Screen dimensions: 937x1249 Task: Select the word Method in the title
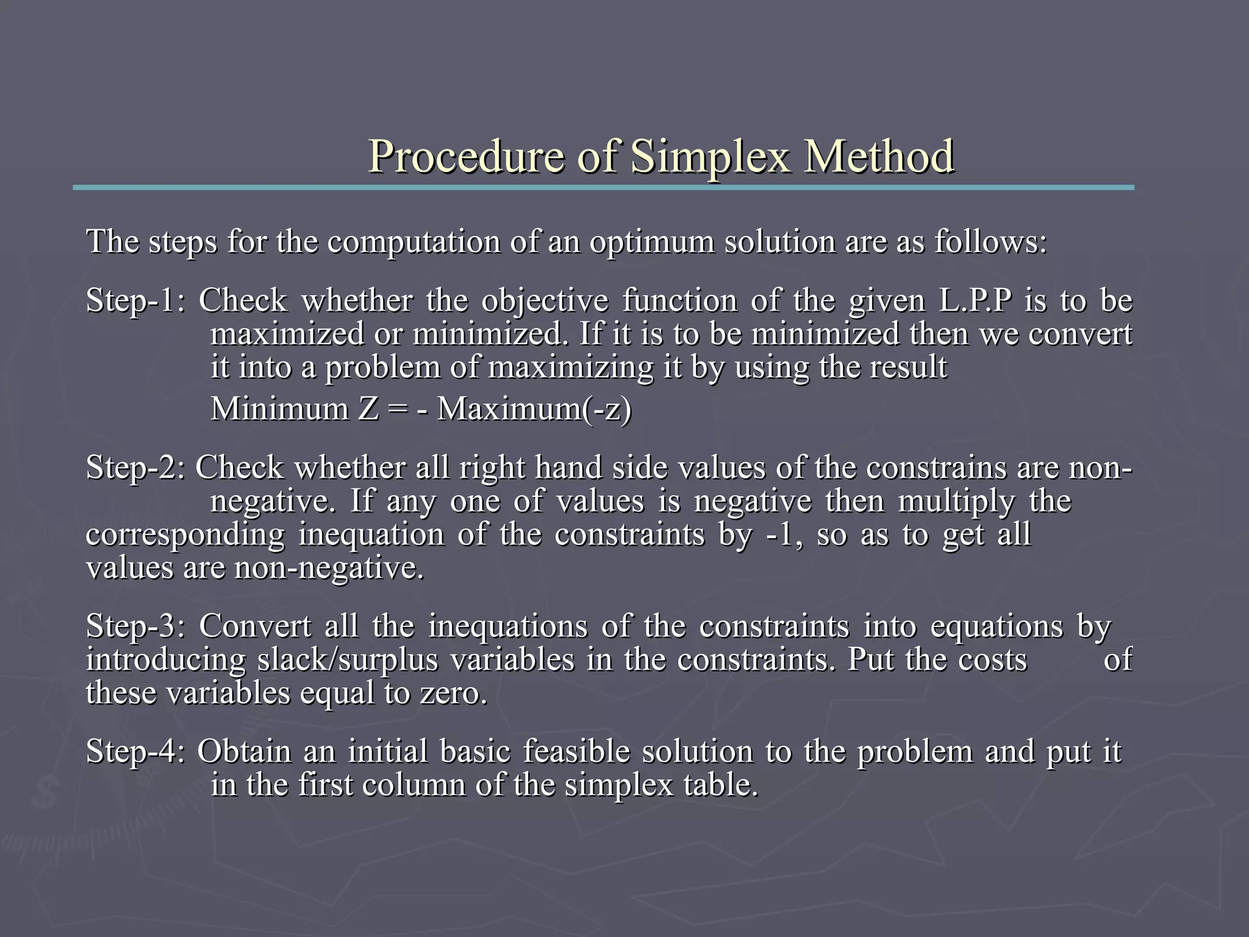[879, 156]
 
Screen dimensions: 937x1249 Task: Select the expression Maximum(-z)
[535, 409]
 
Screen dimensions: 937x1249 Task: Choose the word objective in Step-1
[545, 301]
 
